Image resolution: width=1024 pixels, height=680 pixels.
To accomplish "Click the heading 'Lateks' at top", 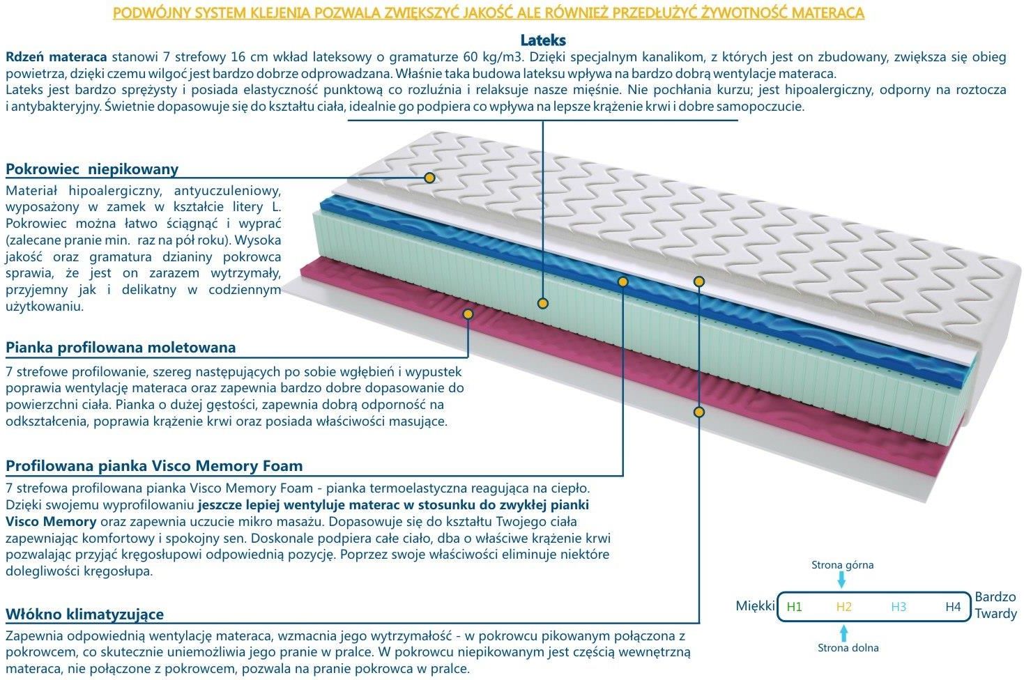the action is pyautogui.click(x=543, y=40).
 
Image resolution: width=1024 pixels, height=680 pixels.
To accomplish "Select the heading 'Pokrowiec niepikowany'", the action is pyautogui.click(x=92, y=169).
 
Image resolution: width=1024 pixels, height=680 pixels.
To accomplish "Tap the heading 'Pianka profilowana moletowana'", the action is pyautogui.click(x=121, y=348).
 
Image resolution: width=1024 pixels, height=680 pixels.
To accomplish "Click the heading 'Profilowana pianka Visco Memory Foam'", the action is pyautogui.click(x=154, y=465).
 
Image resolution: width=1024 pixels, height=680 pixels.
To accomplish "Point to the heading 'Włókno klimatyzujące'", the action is pyautogui.click(x=84, y=615).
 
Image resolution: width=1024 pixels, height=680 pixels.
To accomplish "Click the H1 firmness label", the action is pyautogui.click(x=794, y=607).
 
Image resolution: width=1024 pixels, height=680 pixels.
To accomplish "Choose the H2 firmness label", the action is pyautogui.click(x=844, y=607).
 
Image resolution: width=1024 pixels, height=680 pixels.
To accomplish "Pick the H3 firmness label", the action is pyautogui.click(x=899, y=607).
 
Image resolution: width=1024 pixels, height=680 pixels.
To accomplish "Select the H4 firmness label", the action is pyautogui.click(x=953, y=607).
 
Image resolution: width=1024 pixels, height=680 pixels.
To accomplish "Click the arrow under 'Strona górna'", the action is pyautogui.click(x=841, y=580).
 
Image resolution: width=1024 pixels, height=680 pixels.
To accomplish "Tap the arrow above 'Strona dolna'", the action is pyautogui.click(x=844, y=633).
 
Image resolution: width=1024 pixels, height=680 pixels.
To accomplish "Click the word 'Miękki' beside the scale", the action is pyautogui.click(x=755, y=606).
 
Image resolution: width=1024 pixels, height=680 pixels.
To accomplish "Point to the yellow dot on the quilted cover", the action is pyautogui.click(x=429, y=178).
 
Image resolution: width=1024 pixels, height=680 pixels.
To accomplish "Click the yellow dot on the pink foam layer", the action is pyautogui.click(x=468, y=314).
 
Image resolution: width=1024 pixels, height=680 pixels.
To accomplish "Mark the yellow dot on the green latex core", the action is pyautogui.click(x=542, y=303).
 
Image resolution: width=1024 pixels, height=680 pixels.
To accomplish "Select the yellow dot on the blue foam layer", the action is pyautogui.click(x=622, y=281).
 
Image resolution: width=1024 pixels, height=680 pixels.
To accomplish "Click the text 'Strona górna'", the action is pyautogui.click(x=843, y=565).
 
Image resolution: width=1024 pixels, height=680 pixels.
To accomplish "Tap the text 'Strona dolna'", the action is pyautogui.click(x=848, y=647).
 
